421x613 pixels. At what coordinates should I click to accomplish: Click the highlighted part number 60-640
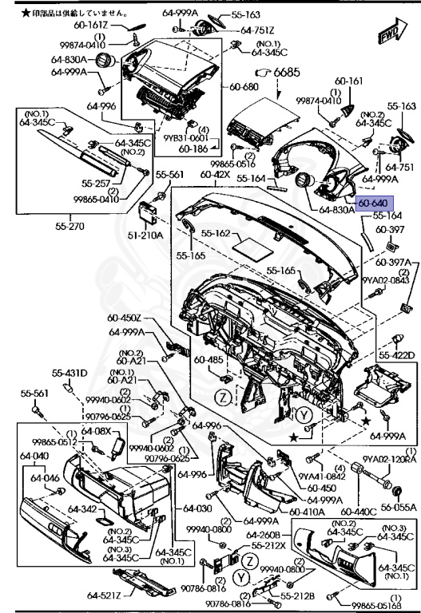click(x=374, y=204)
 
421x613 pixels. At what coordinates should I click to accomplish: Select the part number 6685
click(x=287, y=73)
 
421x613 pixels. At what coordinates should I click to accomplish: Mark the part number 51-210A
click(x=149, y=235)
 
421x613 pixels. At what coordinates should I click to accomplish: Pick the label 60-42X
click(x=216, y=173)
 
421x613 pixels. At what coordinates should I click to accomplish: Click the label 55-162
click(x=216, y=234)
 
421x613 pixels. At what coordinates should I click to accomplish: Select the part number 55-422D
click(x=397, y=355)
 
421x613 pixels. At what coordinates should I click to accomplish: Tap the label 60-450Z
click(x=124, y=318)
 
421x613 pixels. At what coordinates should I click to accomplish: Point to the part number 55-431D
click(x=70, y=373)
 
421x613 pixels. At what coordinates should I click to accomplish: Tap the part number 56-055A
click(x=399, y=507)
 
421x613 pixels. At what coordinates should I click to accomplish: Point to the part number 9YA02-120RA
click(x=390, y=459)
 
